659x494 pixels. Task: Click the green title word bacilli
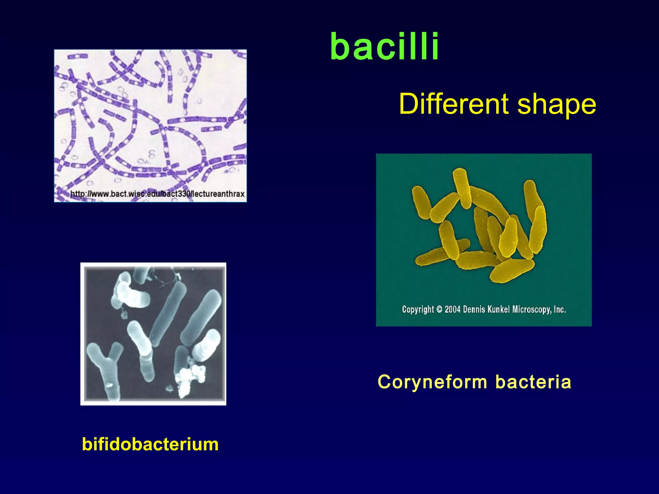coord(385,47)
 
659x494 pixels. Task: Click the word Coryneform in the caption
coord(432,382)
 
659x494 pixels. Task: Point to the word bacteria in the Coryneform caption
coord(533,382)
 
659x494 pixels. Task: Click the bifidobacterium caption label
coord(150,444)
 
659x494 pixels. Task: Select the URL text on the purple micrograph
coord(157,194)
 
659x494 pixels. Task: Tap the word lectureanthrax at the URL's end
coord(218,194)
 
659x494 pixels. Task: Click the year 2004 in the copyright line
coord(453,309)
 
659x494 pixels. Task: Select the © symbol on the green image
coord(440,309)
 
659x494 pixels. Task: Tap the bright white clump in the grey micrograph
coord(190,378)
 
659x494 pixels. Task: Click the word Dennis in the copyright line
coord(474,309)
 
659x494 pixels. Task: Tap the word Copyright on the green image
coord(418,309)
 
